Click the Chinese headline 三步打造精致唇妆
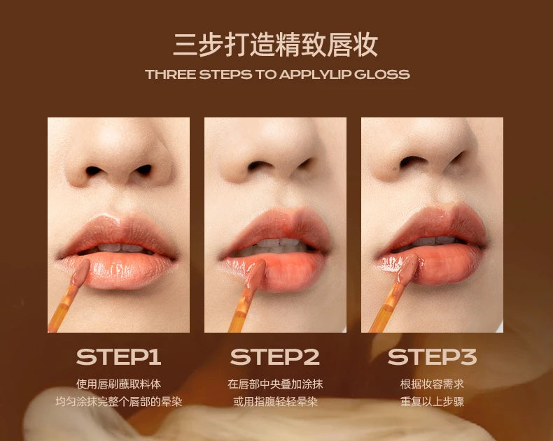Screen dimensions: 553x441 click(275, 45)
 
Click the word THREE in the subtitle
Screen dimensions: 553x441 click(170, 75)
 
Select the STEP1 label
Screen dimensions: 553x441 click(118, 357)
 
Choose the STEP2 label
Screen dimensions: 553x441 click(274, 357)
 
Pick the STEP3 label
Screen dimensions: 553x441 click(432, 357)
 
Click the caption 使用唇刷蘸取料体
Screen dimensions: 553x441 click(118, 384)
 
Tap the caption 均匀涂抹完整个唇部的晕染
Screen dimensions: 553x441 click(118, 402)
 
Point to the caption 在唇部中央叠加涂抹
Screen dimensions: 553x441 click(275, 384)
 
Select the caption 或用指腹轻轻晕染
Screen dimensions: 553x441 click(275, 402)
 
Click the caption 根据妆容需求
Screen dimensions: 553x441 click(432, 384)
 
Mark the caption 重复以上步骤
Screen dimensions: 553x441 click(432, 402)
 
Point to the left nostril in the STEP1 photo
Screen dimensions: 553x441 click(93, 171)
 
